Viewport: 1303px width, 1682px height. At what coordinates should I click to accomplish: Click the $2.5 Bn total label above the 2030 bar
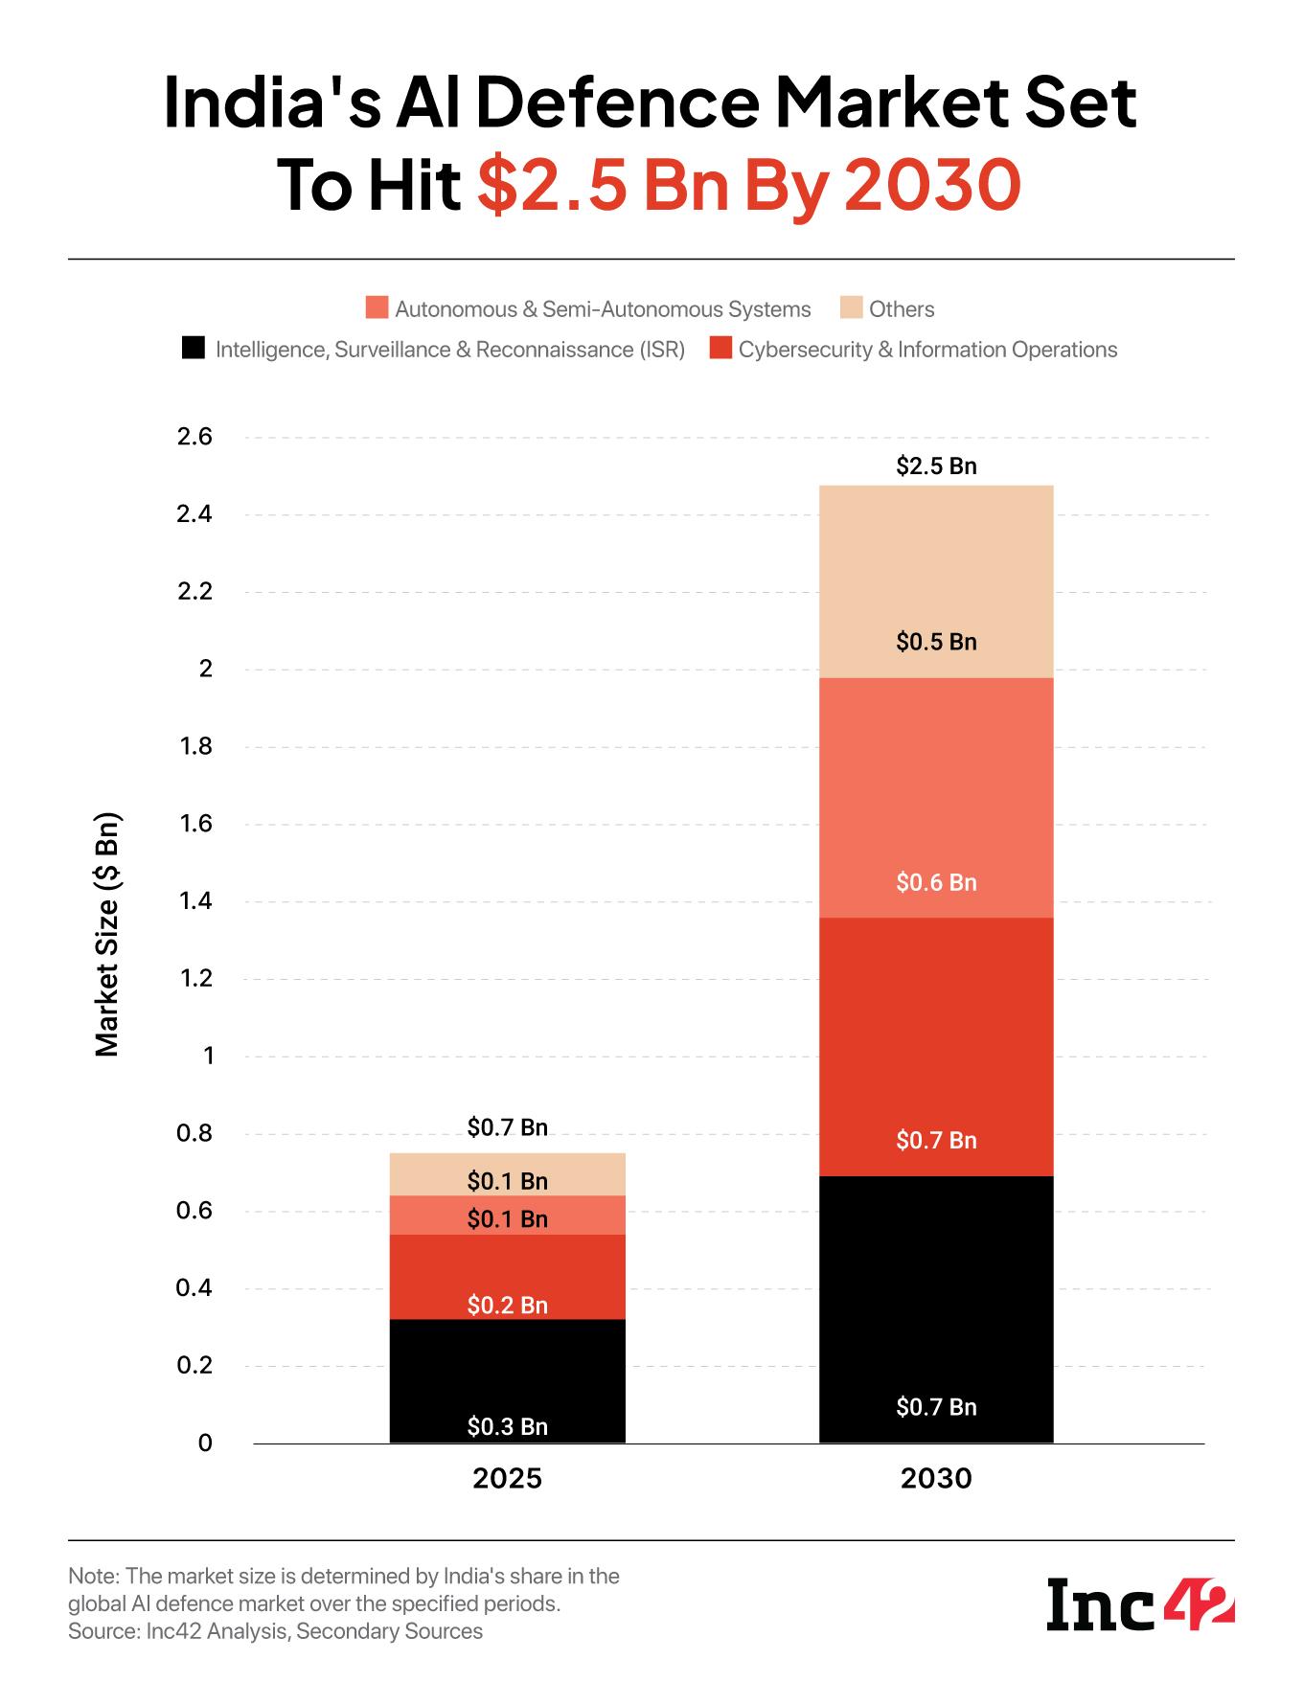[x=936, y=466]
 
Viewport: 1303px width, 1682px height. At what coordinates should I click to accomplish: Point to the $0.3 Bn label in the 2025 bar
[x=507, y=1427]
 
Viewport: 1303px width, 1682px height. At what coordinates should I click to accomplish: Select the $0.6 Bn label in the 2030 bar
[x=936, y=882]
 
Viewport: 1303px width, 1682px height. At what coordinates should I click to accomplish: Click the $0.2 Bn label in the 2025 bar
[x=507, y=1305]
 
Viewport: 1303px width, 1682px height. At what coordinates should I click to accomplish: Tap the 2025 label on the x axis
[x=507, y=1479]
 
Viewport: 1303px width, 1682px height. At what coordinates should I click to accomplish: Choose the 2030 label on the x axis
[x=936, y=1479]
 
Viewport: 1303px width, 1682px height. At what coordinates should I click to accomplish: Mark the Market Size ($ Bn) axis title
[x=108, y=935]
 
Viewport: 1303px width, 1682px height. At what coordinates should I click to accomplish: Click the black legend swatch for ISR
[x=193, y=349]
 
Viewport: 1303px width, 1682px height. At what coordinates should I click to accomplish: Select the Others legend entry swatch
[x=851, y=308]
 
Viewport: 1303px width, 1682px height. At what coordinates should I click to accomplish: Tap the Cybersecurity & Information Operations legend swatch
[x=720, y=349]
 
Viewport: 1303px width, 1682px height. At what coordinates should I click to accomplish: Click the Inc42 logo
[x=1139, y=1604]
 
